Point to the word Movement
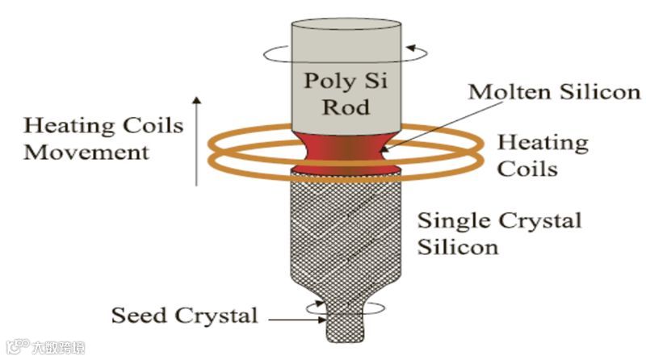coord(86,151)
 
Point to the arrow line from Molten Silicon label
coord(427,122)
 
